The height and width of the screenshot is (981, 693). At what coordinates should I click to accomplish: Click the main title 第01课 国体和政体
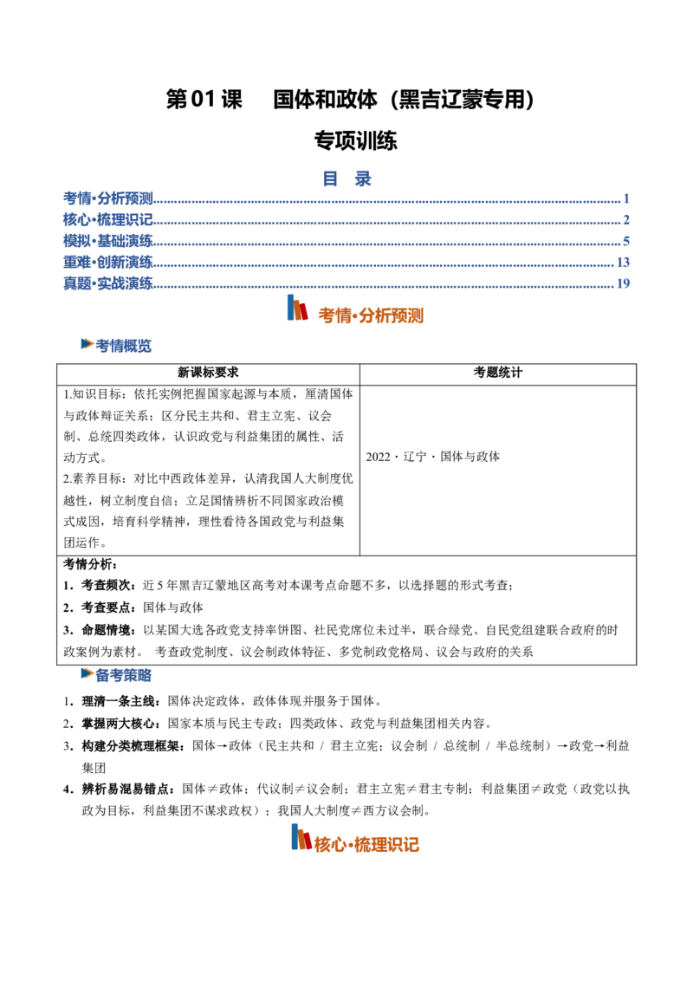350,99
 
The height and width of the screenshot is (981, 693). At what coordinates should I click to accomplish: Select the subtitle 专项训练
355,140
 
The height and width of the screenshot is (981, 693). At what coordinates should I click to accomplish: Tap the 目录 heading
346,179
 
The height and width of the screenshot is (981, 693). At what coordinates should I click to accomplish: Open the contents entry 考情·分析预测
108,198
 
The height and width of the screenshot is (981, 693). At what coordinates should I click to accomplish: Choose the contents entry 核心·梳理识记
108,219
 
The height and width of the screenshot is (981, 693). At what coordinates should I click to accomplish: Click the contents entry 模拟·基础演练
108,241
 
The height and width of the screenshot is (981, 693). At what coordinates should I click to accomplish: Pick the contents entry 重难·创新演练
108,262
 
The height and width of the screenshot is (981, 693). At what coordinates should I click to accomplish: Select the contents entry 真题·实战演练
108,283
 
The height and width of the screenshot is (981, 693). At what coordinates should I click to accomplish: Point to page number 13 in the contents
623,262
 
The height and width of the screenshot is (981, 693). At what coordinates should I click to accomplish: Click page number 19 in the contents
623,283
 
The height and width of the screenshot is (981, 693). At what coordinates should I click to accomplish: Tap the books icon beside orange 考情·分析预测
297,308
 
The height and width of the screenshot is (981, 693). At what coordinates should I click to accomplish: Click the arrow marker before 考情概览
87,343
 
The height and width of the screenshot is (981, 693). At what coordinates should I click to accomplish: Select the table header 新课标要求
208,373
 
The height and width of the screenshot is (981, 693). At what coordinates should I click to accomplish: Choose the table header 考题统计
498,373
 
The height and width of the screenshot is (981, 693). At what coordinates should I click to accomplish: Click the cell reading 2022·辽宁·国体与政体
433,457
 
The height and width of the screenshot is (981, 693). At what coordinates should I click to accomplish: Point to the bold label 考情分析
90,564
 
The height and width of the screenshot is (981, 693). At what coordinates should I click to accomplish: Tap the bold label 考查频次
108,586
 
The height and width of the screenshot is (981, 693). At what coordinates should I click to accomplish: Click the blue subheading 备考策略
124,675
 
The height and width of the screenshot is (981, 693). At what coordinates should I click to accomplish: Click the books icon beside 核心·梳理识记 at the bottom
301,837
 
